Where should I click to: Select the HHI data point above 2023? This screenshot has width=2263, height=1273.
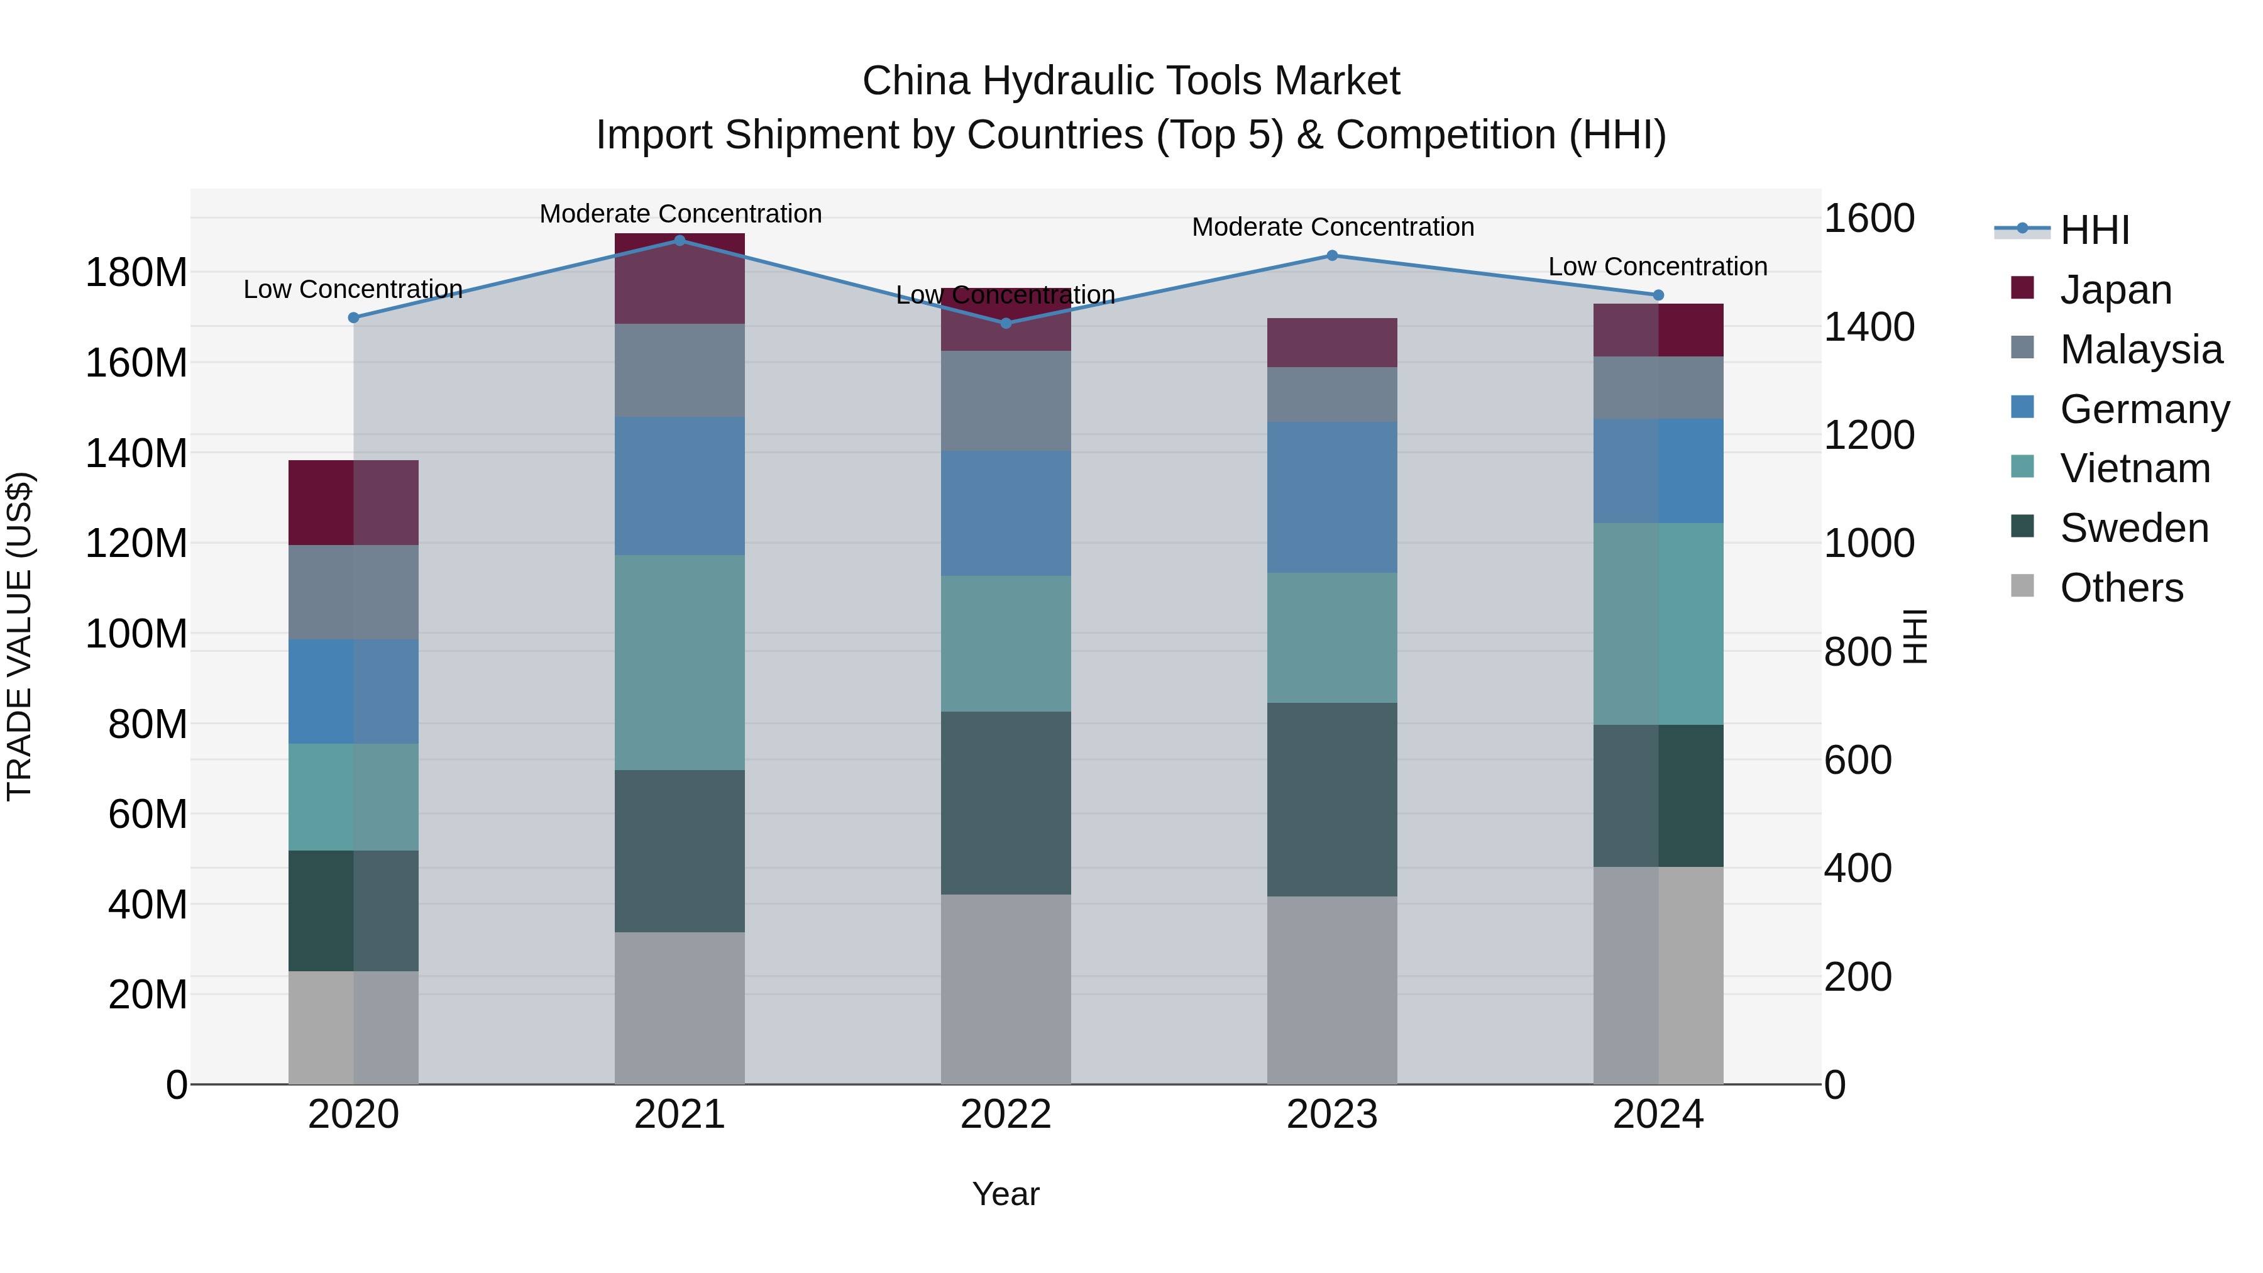[1332, 256]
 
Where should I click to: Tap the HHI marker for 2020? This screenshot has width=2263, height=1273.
[353, 318]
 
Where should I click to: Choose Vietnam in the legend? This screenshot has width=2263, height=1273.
[2135, 468]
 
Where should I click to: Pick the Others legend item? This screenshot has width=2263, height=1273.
[2121, 588]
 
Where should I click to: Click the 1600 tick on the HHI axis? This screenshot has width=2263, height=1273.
[1869, 218]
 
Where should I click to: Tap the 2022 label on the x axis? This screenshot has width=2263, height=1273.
[1005, 1114]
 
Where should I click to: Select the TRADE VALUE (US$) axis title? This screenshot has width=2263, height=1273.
[19, 636]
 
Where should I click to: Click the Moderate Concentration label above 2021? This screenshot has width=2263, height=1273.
[680, 214]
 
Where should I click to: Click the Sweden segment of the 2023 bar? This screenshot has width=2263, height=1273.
[1332, 800]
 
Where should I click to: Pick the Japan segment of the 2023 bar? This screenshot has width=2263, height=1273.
[1332, 343]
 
